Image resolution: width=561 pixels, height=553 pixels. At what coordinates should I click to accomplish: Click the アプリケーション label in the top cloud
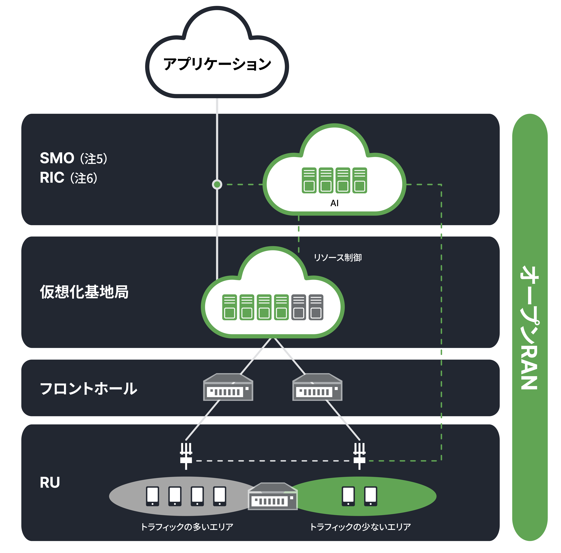(217, 64)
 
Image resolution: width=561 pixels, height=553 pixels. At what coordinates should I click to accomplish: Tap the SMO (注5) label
(73, 158)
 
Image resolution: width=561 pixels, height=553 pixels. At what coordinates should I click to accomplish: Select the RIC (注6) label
(69, 178)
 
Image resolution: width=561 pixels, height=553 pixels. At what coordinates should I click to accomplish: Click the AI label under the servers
(334, 203)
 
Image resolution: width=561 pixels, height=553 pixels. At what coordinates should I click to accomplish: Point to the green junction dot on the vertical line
(217, 184)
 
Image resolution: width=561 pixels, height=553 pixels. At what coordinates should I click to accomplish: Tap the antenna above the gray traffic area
(186, 456)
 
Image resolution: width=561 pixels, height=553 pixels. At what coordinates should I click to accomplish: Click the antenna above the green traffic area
(359, 456)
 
